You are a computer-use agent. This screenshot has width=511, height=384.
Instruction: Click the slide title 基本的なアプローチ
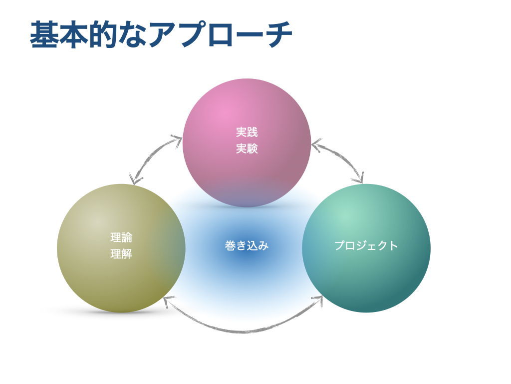coord(161,34)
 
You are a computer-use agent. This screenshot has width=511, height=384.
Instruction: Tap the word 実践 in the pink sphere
coord(247,132)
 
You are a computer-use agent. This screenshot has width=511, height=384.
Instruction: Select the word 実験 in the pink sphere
coord(247,148)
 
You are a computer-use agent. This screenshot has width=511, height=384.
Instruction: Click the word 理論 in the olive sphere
coord(121,237)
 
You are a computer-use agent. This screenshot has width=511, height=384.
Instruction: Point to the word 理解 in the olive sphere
coord(121,253)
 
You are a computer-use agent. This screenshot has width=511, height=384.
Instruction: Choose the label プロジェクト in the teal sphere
coord(366,245)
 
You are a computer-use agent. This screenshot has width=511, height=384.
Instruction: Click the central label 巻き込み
coord(247,245)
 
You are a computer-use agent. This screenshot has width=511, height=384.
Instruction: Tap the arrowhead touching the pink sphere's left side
coord(177,140)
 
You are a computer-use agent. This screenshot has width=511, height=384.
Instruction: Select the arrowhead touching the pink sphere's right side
coord(316,144)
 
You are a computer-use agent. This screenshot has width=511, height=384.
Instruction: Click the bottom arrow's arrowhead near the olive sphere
coord(168,301)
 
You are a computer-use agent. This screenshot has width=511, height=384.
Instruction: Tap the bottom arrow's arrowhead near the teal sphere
coord(318,300)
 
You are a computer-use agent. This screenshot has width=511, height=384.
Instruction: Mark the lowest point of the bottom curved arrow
coord(244,332)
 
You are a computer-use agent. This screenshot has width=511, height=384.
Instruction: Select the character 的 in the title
coord(102,34)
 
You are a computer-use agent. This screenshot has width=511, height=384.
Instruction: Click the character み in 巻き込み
coord(263,245)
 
